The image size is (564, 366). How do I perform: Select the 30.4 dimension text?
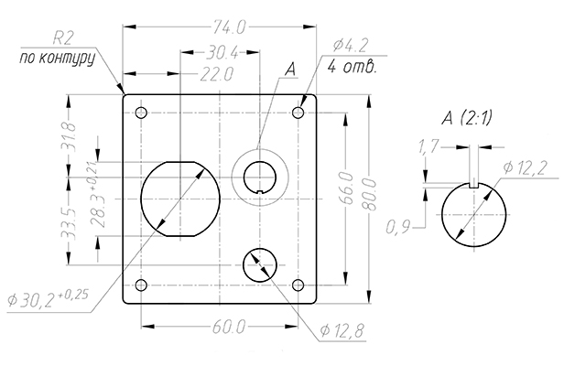tap(220, 52)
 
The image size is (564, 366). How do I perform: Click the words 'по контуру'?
tap(57, 58)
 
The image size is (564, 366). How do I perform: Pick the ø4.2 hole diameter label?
tap(352, 45)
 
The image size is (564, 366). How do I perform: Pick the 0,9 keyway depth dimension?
tap(398, 225)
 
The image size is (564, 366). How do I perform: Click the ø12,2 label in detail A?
tap(525, 166)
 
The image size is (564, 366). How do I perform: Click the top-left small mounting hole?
tap(141, 113)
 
